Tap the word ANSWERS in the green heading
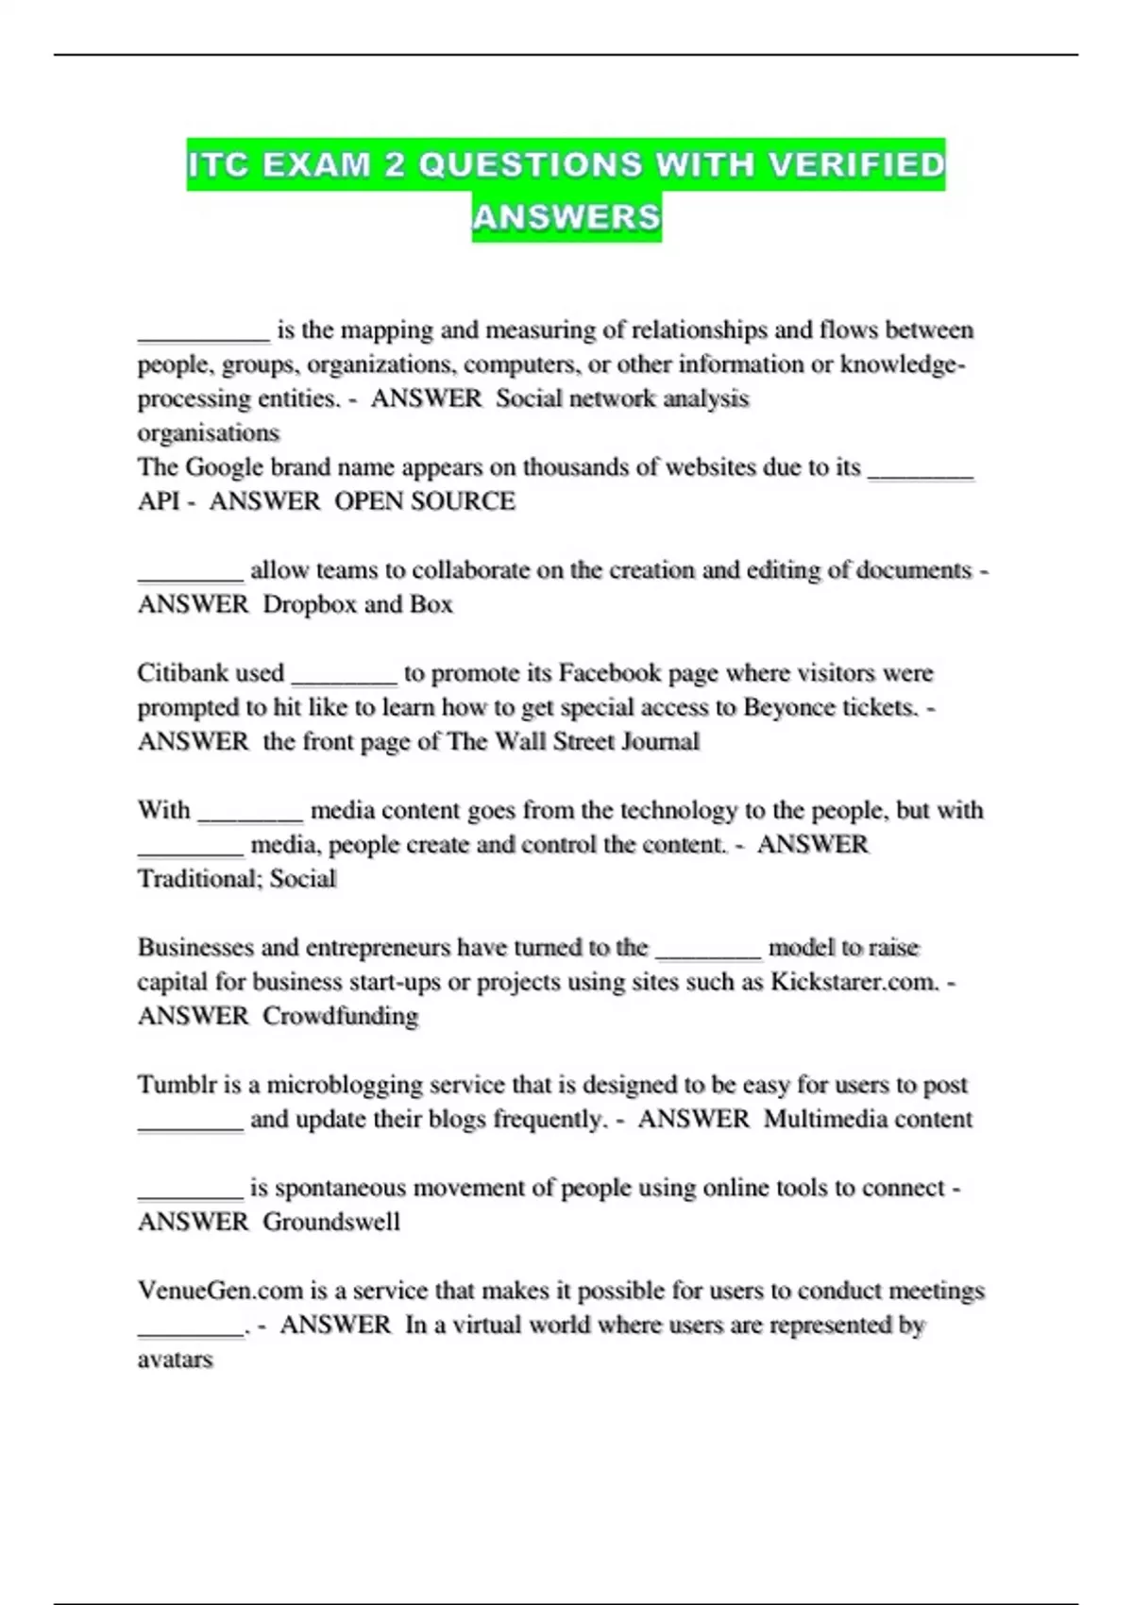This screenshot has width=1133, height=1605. coord(566,218)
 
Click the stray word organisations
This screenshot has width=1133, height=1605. coord(209,433)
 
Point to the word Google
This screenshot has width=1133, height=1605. coord(225,467)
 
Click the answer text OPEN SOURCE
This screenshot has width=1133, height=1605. coord(425,501)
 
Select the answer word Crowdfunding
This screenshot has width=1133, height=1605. coord(340,1016)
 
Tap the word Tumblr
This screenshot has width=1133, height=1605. coord(177,1085)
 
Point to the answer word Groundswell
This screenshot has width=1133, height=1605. coord(331,1222)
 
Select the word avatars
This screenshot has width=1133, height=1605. coord(176,1360)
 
